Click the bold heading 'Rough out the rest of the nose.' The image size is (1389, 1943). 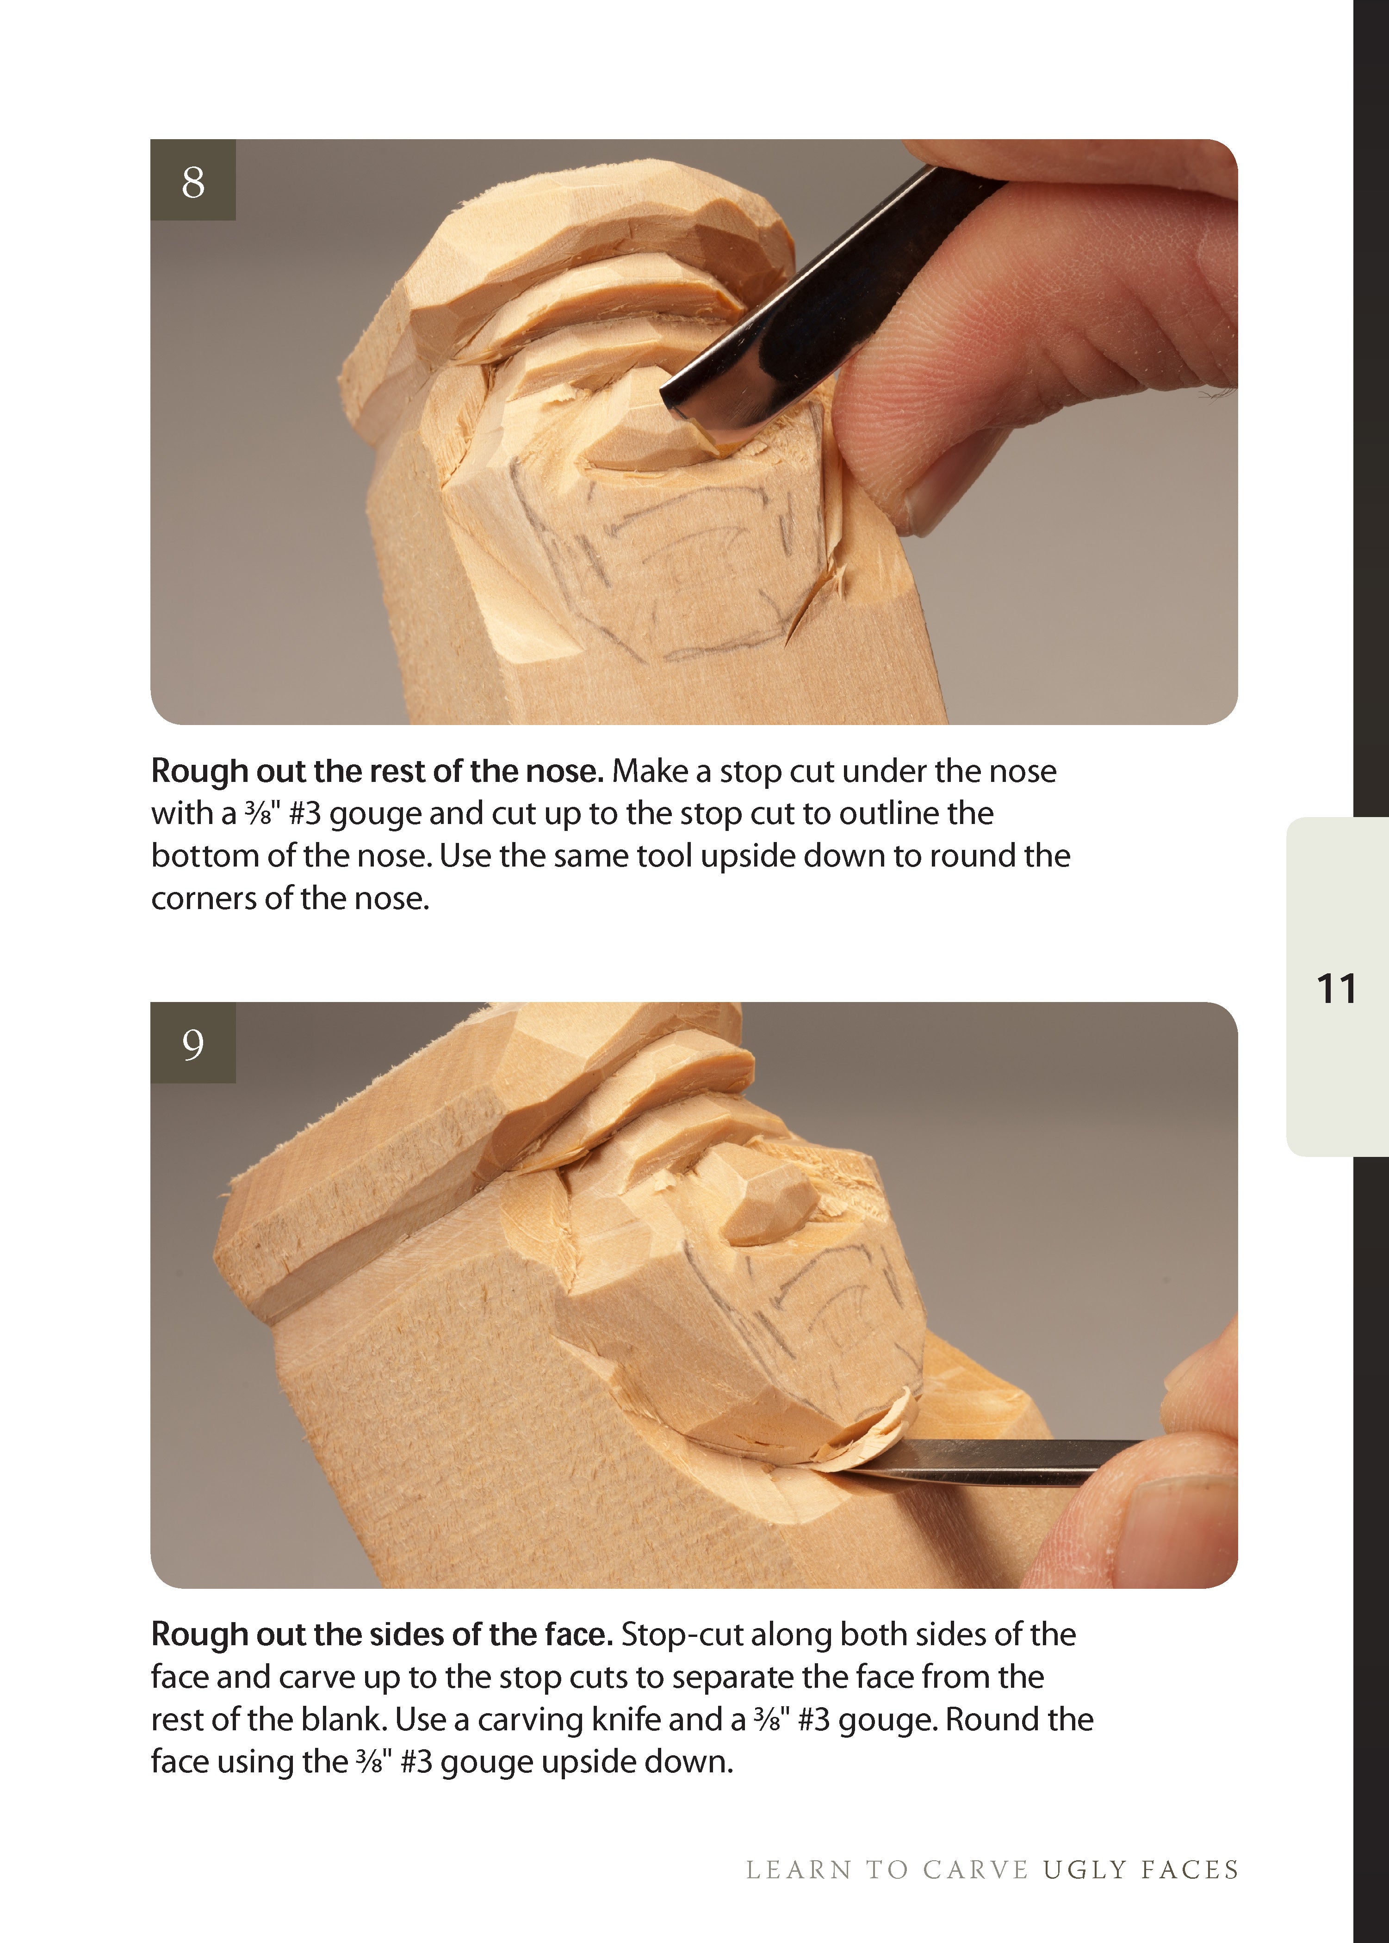[377, 771]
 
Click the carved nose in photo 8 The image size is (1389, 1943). [633, 436]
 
